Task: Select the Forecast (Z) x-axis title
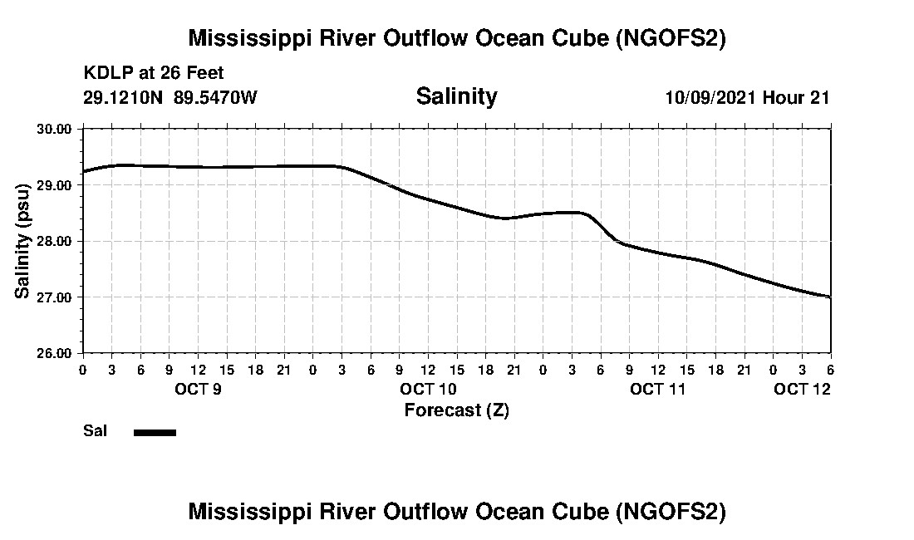456,410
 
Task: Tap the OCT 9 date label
197,389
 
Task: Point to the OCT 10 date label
428,389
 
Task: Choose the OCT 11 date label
658,389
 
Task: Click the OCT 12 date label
802,389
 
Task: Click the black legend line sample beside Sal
155,432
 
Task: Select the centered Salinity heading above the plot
456,96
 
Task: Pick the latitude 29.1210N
124,97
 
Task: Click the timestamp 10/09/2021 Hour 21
747,97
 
